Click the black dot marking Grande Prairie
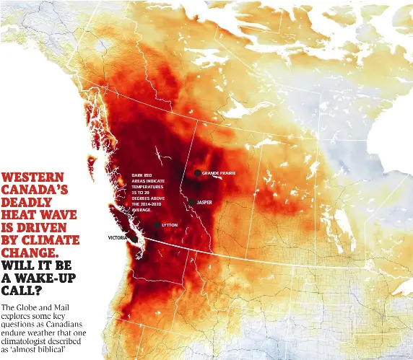pyautogui.click(x=197, y=173)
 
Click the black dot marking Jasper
pyautogui.click(x=191, y=203)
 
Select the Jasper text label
pyautogui.click(x=204, y=203)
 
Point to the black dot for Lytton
pyautogui.click(x=157, y=226)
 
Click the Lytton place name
pyautogui.click(x=170, y=226)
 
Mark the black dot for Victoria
pyautogui.click(x=134, y=239)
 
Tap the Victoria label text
pyautogui.click(x=118, y=237)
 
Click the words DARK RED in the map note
pyautogui.click(x=142, y=175)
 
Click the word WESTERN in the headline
pyautogui.click(x=33, y=177)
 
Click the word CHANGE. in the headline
pyautogui.click(x=31, y=253)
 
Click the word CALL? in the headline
pyautogui.click(x=22, y=291)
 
